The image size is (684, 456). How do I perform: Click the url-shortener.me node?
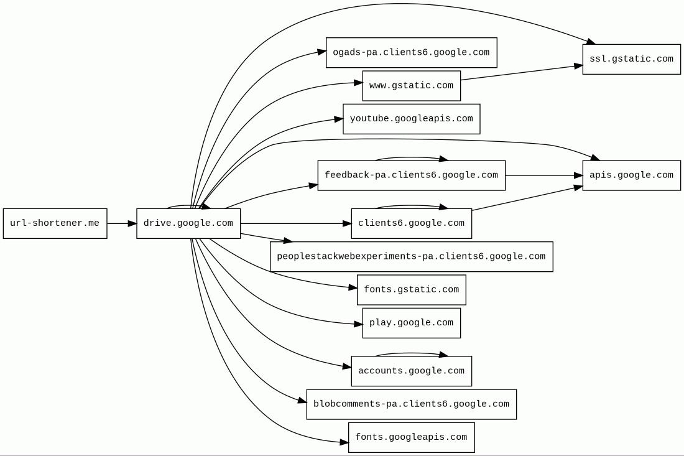coord(55,223)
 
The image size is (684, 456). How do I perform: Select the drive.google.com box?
coord(188,223)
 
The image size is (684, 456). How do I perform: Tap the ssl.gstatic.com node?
coord(631,59)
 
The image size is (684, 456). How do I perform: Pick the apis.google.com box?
coord(631,175)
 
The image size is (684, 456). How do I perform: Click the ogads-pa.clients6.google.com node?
coord(411,53)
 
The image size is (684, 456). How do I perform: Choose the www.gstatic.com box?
coord(411,86)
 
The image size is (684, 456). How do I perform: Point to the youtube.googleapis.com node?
coord(411,119)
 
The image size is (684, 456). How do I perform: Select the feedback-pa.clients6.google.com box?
coord(411,175)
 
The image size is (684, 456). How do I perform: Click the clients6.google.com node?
coord(411,223)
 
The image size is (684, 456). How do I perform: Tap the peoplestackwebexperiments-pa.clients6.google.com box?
coord(411,257)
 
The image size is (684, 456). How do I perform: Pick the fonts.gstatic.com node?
coord(411,290)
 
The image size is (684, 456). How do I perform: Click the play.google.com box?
coord(411,323)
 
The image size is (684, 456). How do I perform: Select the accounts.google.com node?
coord(411,371)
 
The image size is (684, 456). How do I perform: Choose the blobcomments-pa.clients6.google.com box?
coord(411,404)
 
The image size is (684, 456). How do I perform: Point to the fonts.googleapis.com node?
coord(411,437)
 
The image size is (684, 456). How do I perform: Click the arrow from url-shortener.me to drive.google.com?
coord(121,223)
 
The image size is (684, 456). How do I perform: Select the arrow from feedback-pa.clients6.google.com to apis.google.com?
coord(543,175)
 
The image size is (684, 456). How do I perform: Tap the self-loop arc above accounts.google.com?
coord(411,353)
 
